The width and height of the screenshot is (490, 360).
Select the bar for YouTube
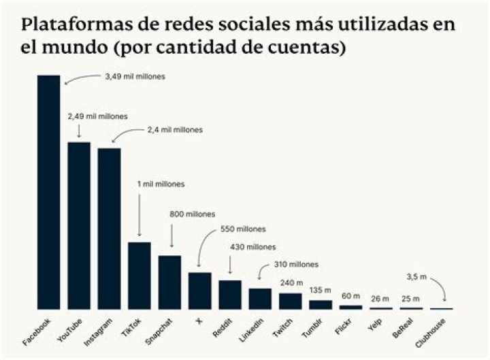click(x=79, y=225)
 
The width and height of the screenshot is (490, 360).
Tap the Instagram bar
click(x=109, y=229)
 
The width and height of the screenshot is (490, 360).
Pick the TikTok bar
click(x=139, y=276)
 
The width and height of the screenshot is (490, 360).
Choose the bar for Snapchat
click(x=169, y=282)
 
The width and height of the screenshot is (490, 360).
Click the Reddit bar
click(x=230, y=295)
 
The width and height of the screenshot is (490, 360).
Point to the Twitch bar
click(x=290, y=301)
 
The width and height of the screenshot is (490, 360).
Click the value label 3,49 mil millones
click(x=135, y=77)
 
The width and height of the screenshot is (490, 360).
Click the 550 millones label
click(x=242, y=229)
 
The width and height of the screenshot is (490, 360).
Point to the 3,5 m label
click(x=414, y=277)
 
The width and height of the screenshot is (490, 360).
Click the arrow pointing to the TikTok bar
click(x=139, y=215)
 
